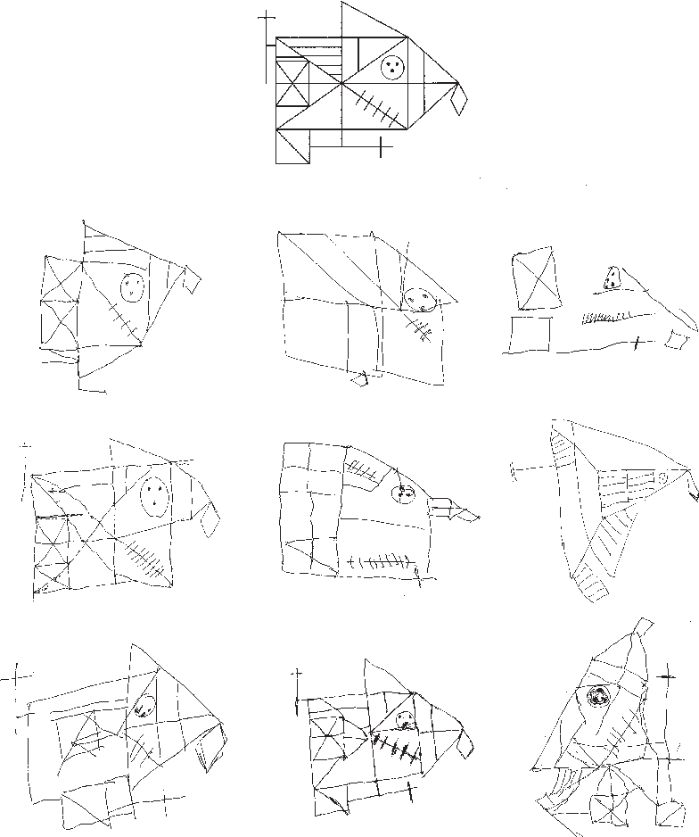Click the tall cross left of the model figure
point(267,45)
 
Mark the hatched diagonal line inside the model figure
point(375,105)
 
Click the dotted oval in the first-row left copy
point(132,286)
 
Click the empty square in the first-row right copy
point(530,335)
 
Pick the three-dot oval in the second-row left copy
point(154,496)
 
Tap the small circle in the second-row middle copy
point(404,493)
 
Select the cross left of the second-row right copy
point(518,466)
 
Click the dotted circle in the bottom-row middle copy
point(405,721)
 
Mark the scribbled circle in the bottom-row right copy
point(597,698)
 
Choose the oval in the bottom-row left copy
point(144,706)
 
